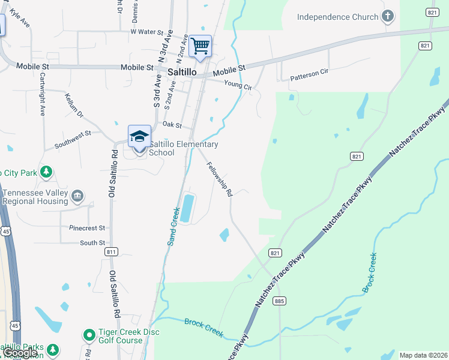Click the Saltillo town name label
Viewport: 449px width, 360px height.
click(182, 71)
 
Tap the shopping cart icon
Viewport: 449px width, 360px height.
click(200, 46)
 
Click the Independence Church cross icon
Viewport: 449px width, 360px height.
click(388, 16)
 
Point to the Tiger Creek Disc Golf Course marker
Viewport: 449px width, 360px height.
click(89, 334)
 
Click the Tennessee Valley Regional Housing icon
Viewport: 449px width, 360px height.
click(77, 196)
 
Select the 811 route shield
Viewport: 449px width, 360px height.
click(111, 252)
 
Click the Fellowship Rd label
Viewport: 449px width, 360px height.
click(219, 179)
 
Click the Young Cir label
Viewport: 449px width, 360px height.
click(238, 86)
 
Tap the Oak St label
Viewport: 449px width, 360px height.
click(172, 124)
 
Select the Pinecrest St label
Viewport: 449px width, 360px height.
click(87, 228)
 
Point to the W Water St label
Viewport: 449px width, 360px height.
click(146, 32)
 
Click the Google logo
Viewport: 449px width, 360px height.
click(20, 353)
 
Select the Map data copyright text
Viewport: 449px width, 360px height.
click(423, 355)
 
